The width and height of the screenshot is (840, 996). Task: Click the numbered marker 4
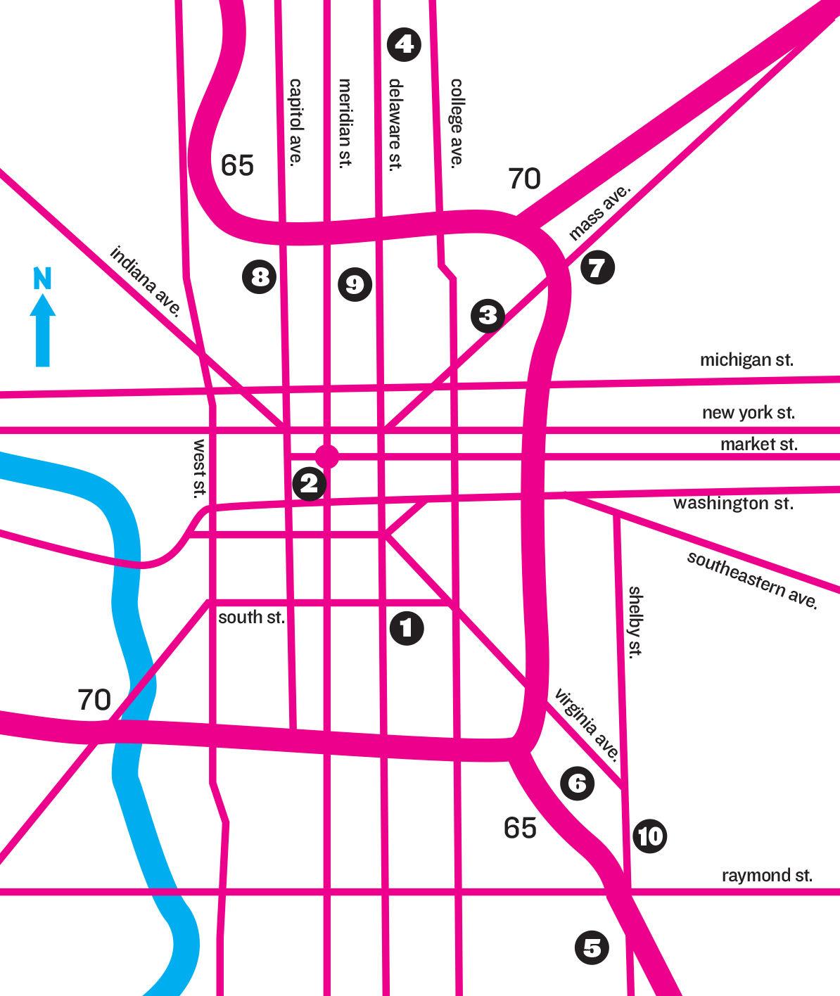(404, 45)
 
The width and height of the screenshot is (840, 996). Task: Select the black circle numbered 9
(355, 285)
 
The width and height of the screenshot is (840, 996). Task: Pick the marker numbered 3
(488, 315)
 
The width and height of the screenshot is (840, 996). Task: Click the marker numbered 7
(597, 268)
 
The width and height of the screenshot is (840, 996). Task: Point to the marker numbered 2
(310, 483)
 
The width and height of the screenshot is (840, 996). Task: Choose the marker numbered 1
(407, 627)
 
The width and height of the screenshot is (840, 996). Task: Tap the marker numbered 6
(577, 782)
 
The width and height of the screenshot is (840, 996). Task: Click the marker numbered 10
(649, 836)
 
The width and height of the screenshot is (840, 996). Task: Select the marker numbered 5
(592, 948)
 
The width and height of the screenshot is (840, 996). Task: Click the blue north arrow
(43, 331)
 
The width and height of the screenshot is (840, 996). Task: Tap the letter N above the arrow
(43, 279)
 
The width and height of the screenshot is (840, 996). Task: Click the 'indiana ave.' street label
(146, 281)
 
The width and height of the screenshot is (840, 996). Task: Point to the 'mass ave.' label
(599, 212)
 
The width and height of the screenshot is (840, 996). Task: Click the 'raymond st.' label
(767, 876)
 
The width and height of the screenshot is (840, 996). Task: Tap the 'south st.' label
(251, 618)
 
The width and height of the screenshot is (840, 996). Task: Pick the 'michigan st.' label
(746, 360)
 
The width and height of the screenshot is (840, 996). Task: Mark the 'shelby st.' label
(635, 621)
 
